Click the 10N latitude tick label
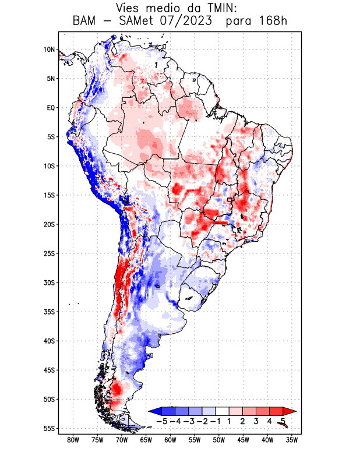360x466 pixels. click(49, 50)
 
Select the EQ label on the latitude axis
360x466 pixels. click(50, 108)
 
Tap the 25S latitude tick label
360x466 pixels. click(49, 253)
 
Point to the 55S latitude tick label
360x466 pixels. click(49, 428)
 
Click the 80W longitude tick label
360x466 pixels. click(73, 440)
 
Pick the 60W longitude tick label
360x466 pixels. click(170, 440)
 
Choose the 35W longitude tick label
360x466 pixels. click(292, 440)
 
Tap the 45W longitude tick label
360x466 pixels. click(243, 440)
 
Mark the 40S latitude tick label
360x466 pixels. click(49, 341)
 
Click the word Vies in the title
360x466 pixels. click(129, 8)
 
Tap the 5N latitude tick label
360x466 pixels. click(50, 79)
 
